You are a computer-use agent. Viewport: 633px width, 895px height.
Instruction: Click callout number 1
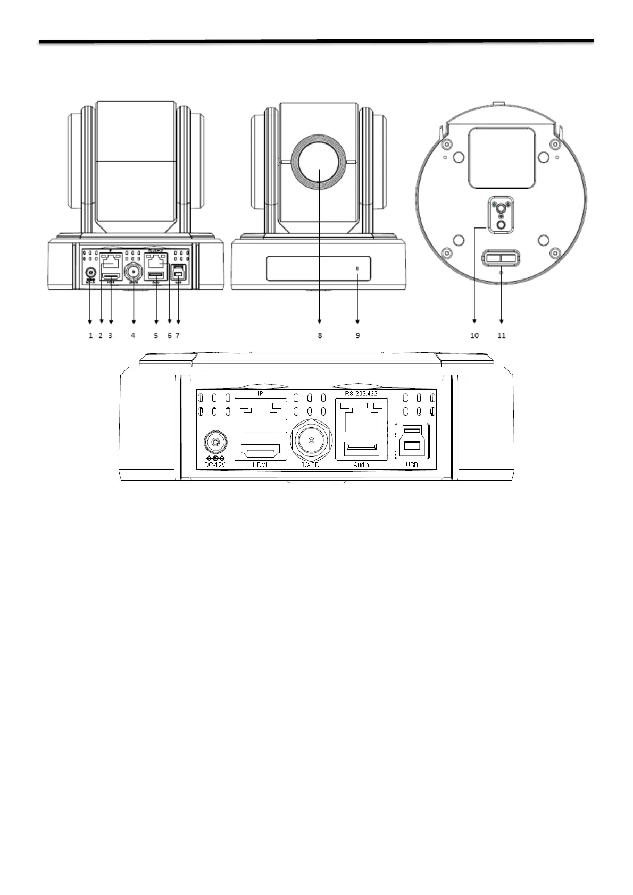point(90,335)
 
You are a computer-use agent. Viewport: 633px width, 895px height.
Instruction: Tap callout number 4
point(133,335)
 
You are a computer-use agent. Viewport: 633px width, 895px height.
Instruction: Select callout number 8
point(320,335)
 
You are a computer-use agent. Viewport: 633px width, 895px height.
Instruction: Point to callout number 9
point(357,335)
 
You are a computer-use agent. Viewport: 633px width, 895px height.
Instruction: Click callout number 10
point(474,335)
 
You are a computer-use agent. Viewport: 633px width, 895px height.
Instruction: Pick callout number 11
point(502,335)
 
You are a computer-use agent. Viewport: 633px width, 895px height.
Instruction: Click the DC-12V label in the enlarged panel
point(215,465)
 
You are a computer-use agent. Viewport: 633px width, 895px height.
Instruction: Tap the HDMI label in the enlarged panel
point(260,465)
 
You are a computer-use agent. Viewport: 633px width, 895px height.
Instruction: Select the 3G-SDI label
point(311,465)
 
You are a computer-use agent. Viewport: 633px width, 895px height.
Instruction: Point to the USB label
point(412,465)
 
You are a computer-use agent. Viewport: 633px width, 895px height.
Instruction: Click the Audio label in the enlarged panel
point(361,465)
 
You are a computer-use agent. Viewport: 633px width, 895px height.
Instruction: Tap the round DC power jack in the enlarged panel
point(215,442)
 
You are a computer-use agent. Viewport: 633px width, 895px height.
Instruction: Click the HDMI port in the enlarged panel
point(260,452)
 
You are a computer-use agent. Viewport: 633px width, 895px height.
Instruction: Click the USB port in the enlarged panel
point(412,440)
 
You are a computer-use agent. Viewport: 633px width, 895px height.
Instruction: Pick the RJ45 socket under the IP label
point(260,418)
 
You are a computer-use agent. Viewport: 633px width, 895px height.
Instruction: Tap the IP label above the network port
point(260,394)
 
